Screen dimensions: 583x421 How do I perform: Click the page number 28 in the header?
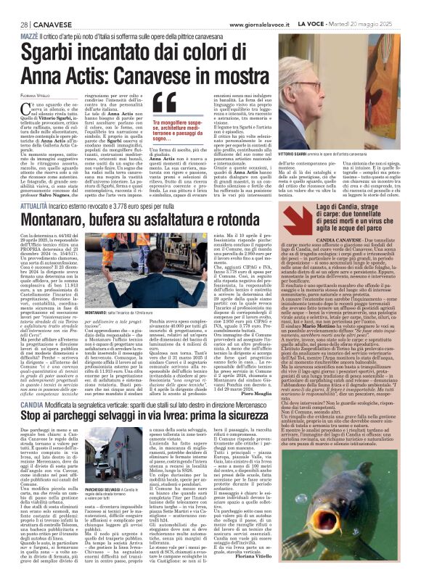pos(14,6)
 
